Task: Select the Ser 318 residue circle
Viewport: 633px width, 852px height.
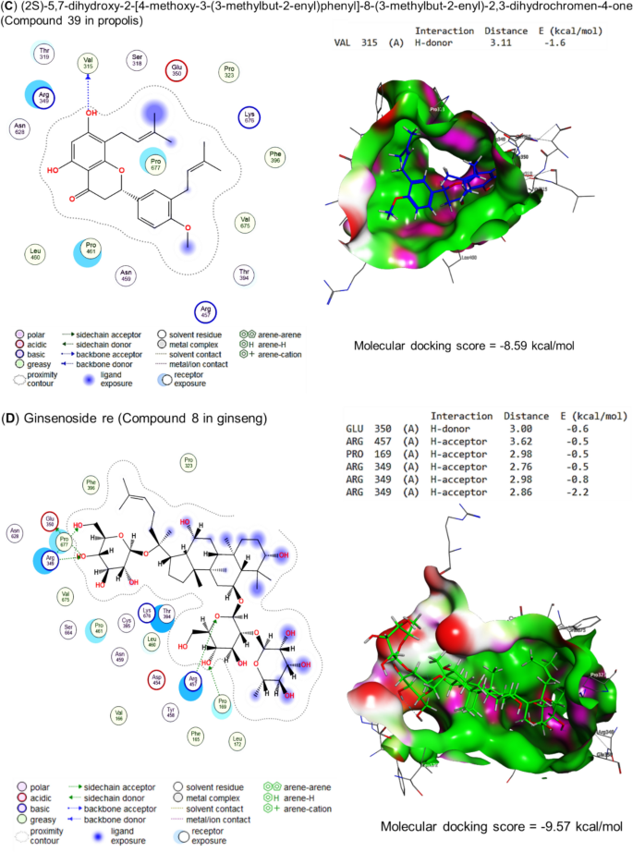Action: tap(136, 63)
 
